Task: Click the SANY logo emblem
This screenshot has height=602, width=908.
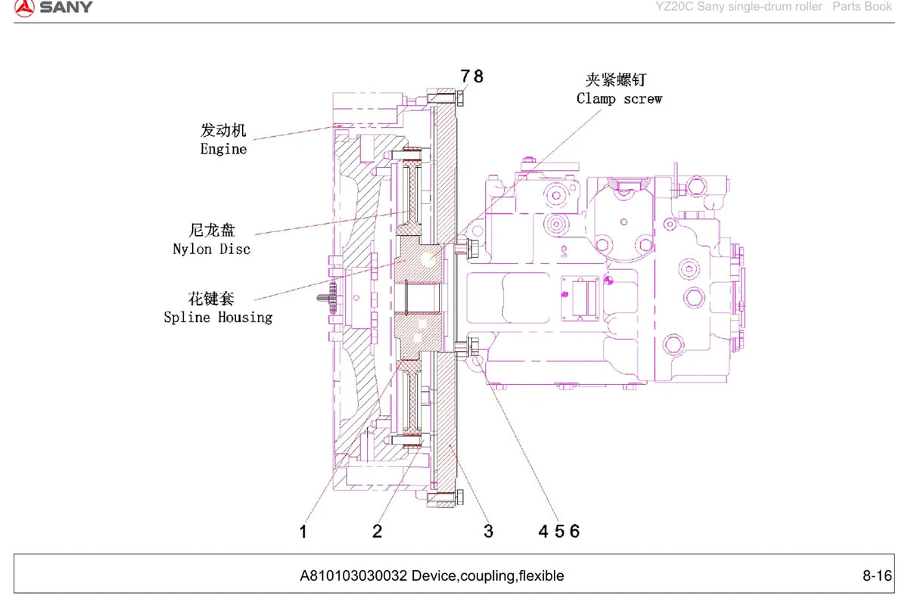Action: pyautogui.click(x=24, y=8)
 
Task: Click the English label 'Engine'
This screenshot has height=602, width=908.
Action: pyautogui.click(x=223, y=149)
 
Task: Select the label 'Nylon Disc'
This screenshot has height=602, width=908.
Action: pyautogui.click(x=212, y=249)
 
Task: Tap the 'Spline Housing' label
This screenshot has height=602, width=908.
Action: pyautogui.click(x=218, y=317)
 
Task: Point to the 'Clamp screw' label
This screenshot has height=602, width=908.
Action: pyautogui.click(x=619, y=98)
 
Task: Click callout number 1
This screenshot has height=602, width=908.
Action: pyautogui.click(x=303, y=532)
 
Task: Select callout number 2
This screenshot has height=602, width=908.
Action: pyautogui.click(x=378, y=531)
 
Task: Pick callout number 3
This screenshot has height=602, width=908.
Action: pyautogui.click(x=489, y=531)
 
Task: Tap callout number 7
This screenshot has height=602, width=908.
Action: pyautogui.click(x=465, y=76)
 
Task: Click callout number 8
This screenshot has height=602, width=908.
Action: pyautogui.click(x=478, y=76)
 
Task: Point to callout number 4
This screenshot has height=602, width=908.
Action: pyautogui.click(x=543, y=531)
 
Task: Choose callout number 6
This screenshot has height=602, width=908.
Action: pyautogui.click(x=575, y=531)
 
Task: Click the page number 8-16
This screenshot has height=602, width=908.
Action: pyautogui.click(x=877, y=576)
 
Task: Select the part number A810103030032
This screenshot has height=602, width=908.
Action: pyautogui.click(x=353, y=576)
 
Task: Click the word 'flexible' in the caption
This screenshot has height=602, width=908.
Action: pyautogui.click(x=542, y=576)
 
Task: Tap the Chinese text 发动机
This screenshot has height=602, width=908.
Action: pyautogui.click(x=223, y=130)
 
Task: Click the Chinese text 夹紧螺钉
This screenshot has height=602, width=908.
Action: pyautogui.click(x=616, y=80)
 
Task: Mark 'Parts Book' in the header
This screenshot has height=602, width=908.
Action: pyautogui.click(x=862, y=7)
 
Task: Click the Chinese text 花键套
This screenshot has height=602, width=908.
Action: pyautogui.click(x=211, y=299)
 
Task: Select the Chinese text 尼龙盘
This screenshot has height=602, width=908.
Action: pyautogui.click(x=212, y=230)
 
